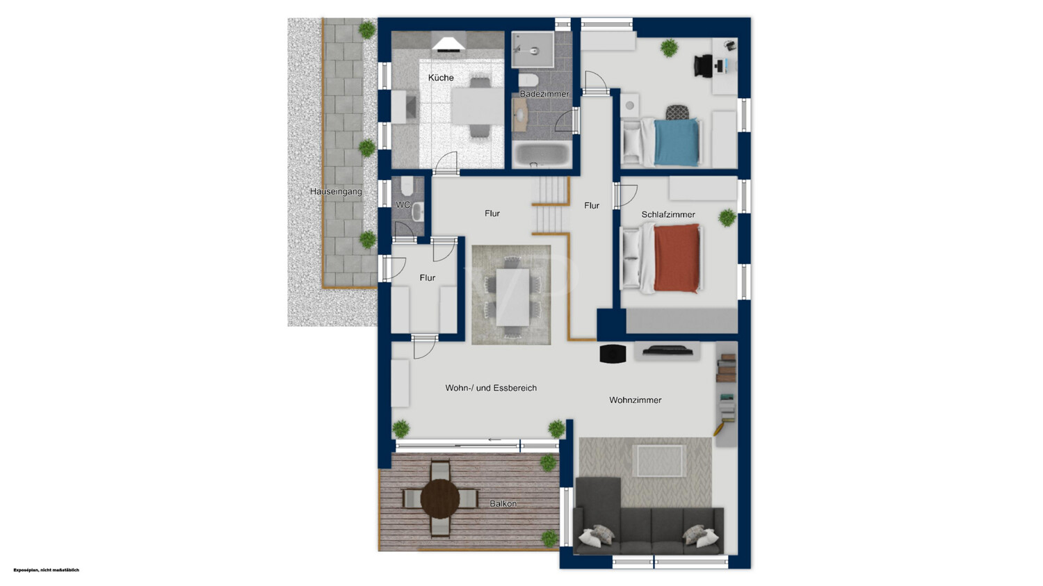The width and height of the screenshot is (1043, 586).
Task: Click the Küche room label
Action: (x=440, y=78)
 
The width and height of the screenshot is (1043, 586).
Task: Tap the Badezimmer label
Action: (x=544, y=94)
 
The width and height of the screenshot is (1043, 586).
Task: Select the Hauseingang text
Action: (x=336, y=192)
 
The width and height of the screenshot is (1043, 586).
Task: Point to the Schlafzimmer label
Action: (x=668, y=215)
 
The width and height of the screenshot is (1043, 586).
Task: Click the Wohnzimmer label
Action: (x=635, y=400)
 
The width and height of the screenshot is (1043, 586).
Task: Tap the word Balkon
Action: (x=503, y=503)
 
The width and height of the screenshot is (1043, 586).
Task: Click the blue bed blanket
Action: (x=677, y=142)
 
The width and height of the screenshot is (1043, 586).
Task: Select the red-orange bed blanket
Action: (x=677, y=259)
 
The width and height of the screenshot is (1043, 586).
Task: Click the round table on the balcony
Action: (x=440, y=498)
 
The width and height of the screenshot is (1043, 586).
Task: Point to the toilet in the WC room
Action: (x=407, y=186)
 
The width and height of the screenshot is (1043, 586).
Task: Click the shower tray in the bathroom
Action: (x=533, y=49)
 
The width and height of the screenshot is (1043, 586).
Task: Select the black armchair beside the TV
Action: (x=613, y=353)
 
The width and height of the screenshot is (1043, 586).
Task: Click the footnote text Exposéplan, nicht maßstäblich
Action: (x=46, y=570)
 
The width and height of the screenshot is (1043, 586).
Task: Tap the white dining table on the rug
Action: (x=512, y=298)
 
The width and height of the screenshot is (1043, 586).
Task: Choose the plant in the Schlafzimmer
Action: (x=727, y=218)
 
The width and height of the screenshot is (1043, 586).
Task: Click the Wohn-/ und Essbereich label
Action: (x=491, y=388)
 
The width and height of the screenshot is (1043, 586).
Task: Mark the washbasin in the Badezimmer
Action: (x=519, y=115)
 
